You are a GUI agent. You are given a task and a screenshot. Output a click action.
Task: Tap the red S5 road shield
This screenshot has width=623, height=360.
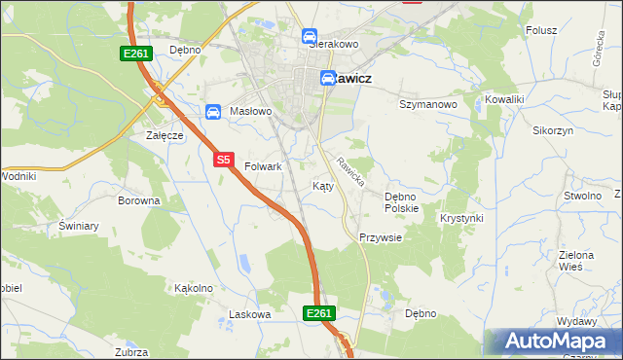[224, 158]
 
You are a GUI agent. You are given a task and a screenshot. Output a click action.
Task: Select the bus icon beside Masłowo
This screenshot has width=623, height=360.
[212, 112]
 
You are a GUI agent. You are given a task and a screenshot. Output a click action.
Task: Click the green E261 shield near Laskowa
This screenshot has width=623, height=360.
[319, 313]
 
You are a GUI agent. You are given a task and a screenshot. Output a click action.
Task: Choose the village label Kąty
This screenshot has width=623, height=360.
[323, 185]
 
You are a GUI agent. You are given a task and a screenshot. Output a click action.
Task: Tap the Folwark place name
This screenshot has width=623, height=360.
[263, 166]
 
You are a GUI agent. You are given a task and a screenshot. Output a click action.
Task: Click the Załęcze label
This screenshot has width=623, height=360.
[165, 135]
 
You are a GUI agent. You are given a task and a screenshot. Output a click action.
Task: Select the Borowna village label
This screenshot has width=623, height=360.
[138, 200]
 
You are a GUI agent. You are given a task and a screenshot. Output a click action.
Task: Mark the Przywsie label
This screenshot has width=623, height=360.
[380, 237]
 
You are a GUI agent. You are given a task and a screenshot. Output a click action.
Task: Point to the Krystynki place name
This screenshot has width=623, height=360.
[461, 218]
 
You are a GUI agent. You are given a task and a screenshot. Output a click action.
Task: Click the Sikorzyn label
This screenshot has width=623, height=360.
[553, 129]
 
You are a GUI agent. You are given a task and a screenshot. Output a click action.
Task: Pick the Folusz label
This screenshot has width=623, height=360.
[541, 30]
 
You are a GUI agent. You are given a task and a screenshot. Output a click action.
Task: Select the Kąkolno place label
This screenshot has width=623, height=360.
[193, 288]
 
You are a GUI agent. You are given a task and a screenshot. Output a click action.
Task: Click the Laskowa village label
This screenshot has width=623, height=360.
[248, 314]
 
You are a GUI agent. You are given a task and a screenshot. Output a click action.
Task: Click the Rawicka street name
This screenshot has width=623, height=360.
[350, 172]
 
